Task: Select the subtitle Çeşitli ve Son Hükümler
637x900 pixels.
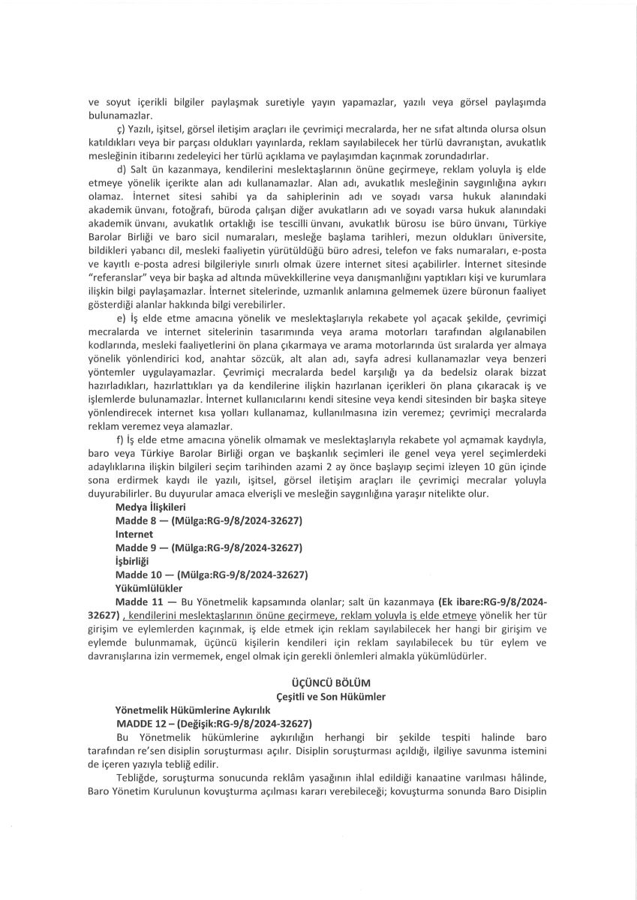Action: [x=318, y=697]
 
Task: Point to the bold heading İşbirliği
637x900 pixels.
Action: [x=132, y=561]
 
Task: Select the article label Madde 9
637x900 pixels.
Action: [x=134, y=547]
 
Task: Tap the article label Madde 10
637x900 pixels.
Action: [x=137, y=574]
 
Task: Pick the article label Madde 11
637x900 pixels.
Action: [x=137, y=602]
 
